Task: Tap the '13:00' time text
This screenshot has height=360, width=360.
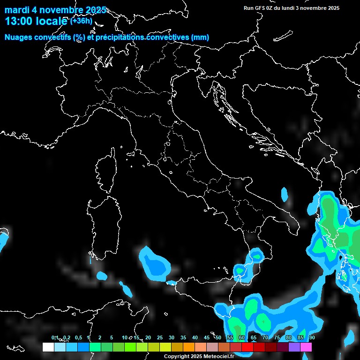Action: click(x=19, y=22)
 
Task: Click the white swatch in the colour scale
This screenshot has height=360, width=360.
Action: click(x=48, y=347)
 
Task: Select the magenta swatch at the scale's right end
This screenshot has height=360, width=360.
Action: click(x=306, y=347)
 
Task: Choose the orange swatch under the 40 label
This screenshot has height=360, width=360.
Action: click(x=188, y=347)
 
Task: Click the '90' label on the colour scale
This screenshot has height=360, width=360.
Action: click(x=312, y=337)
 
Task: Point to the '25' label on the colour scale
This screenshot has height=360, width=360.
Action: click(x=159, y=337)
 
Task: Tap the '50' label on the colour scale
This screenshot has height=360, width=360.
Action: click(x=218, y=337)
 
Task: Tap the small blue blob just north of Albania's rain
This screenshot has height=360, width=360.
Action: click(x=285, y=194)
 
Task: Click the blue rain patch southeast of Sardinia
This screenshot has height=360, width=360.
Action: click(x=156, y=264)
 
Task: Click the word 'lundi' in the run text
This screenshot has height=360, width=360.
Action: click(x=286, y=8)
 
